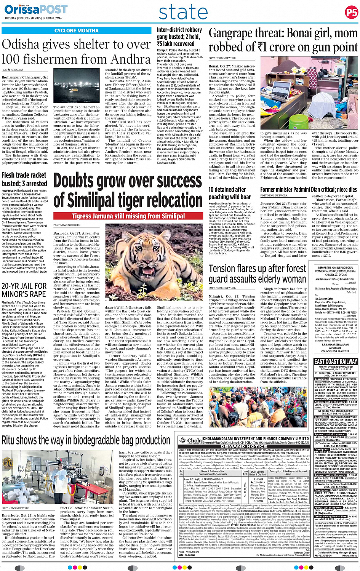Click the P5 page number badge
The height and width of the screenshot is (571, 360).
point(351,12)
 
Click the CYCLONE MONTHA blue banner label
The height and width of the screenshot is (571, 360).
point(76,30)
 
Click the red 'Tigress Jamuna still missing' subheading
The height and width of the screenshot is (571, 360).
point(128,216)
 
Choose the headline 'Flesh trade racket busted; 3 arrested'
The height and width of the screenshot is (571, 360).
point(24,179)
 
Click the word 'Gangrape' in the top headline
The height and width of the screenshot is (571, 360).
point(232,34)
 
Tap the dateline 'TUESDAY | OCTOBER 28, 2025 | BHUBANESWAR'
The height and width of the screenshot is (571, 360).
point(34,18)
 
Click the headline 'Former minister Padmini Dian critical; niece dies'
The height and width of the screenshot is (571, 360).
point(309,189)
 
